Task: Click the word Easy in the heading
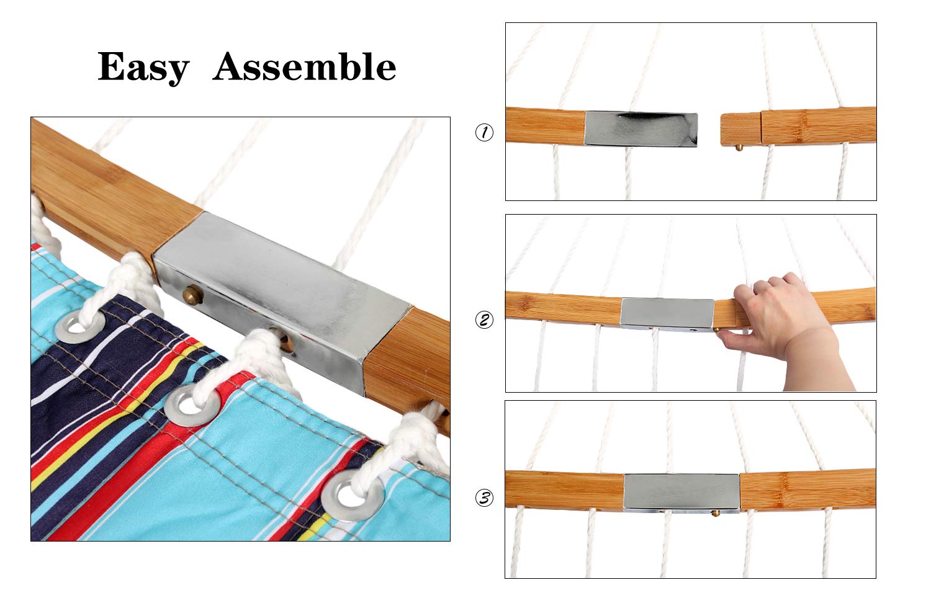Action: [143, 67]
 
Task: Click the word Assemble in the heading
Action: [304, 66]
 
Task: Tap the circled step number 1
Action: [484, 133]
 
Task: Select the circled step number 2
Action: [484, 319]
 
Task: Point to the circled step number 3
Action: [484, 498]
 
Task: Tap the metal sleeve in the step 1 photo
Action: [641, 129]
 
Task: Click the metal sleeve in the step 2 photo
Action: [667, 315]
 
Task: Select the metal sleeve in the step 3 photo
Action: [681, 493]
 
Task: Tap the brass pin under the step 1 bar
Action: [739, 148]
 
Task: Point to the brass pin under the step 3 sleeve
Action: [715, 514]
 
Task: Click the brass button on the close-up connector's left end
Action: [192, 295]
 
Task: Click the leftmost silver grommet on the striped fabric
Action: [80, 324]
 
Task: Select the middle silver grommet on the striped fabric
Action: [192, 404]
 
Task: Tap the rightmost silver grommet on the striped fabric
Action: [352, 495]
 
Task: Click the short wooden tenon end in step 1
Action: [741, 129]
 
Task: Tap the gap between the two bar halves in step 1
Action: [709, 129]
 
